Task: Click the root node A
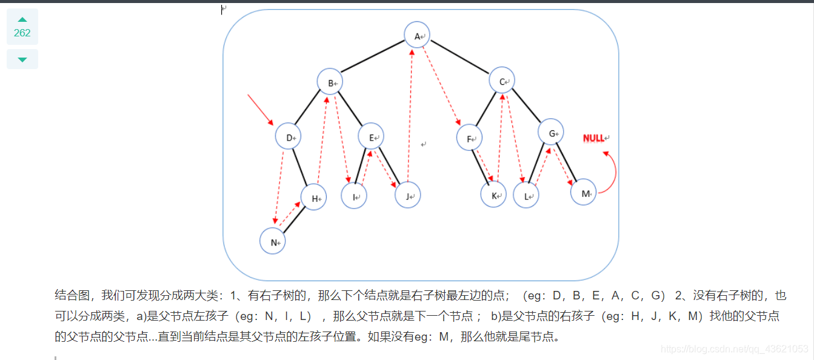pos(417,35)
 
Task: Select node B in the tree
pos(330,82)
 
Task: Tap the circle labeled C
pos(502,81)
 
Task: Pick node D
pos(289,136)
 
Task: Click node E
pos(371,136)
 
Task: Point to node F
pos(469,138)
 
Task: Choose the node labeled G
pos(551,132)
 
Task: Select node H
pos(314,197)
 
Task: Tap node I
pos(354,196)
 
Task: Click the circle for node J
pos(408,195)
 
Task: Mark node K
pos(493,195)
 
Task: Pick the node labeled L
pos(526,195)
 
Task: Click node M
pos(584,192)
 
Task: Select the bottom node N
pos(273,241)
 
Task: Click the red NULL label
pos(595,138)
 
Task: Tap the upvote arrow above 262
pos(22,19)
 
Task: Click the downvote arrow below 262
pos(22,59)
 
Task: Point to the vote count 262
pos(22,33)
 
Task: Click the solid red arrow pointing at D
pos(261,110)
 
